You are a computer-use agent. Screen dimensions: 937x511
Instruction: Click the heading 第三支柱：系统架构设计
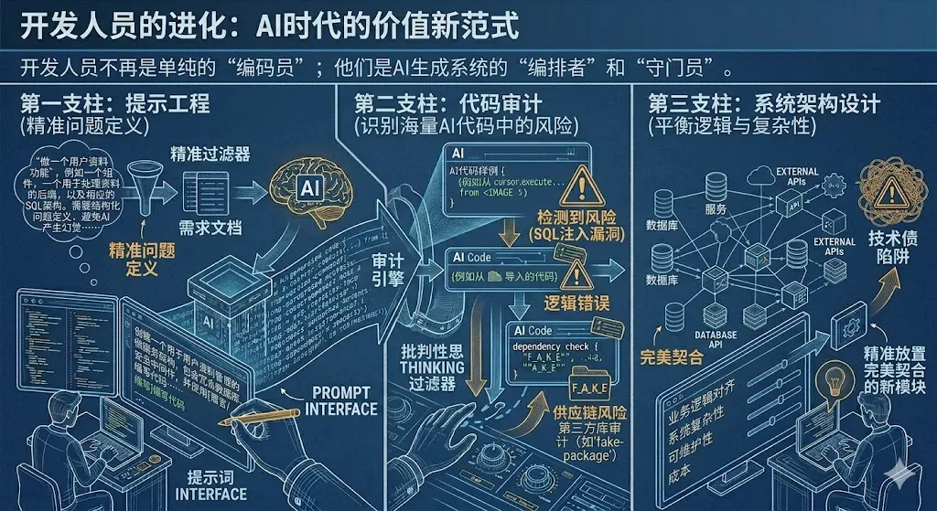pos(763,102)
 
